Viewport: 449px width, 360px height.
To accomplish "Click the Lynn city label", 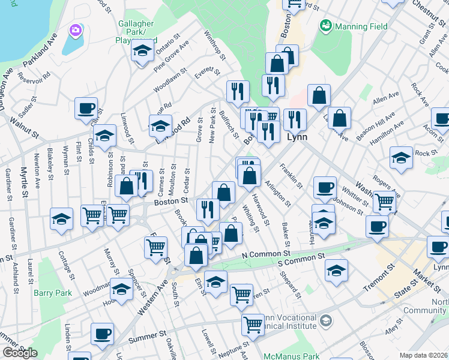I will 298,137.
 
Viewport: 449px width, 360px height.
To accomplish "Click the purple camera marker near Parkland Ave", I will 75,29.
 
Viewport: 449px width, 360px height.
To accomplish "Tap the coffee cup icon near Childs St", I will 86,109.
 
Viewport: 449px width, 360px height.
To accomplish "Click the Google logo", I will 20,353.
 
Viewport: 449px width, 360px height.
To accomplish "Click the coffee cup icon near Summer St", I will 102,334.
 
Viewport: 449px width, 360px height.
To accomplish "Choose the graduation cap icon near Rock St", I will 401,158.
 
